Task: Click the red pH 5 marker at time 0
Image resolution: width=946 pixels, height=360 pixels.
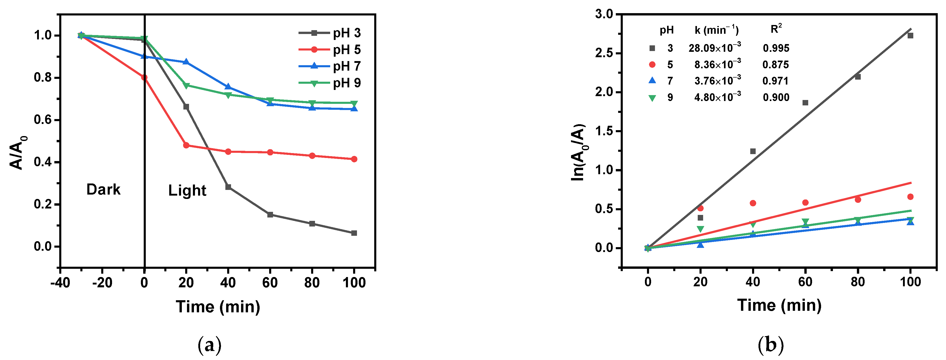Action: point(144,78)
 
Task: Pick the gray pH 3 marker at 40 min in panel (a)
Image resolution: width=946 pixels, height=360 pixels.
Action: point(228,187)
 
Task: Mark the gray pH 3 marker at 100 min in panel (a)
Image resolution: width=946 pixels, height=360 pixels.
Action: point(354,233)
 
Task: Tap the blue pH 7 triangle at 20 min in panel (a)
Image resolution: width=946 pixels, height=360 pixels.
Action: point(186,62)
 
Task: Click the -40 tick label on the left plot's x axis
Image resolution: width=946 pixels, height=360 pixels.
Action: point(60,283)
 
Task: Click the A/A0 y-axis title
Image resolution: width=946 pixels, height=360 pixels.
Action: point(18,153)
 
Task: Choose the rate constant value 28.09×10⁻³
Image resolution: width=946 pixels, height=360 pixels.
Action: point(715,48)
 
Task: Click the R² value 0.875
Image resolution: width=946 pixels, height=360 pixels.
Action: point(775,65)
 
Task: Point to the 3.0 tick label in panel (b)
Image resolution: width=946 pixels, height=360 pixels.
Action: point(604,14)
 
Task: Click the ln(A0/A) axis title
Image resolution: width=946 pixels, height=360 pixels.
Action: point(578,153)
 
